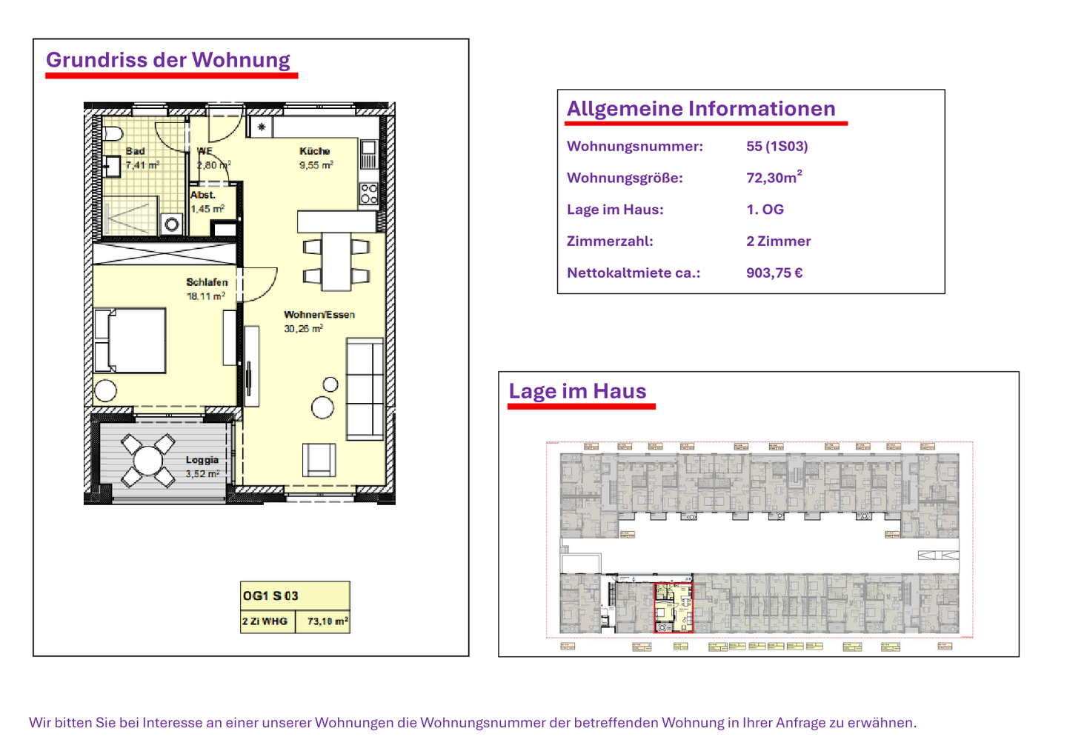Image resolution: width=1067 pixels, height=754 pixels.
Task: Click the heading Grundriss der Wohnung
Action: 168,60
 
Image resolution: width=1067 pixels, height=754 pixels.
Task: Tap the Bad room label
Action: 135,151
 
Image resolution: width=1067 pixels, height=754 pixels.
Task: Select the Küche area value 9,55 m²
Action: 316,165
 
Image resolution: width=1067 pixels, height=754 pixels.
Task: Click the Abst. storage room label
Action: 202,195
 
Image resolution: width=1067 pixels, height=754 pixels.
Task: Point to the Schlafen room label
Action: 207,282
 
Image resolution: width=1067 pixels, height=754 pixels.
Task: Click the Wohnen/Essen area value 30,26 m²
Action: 303,329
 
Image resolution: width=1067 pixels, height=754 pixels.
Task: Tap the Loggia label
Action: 202,460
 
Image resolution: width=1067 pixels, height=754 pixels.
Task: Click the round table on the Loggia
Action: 147,461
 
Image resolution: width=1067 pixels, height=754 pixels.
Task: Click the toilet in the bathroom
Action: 113,135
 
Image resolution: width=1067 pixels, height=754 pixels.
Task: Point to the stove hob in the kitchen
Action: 368,194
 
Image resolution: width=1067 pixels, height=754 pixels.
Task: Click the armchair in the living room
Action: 319,459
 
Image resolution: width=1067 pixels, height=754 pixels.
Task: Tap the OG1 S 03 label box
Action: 294,595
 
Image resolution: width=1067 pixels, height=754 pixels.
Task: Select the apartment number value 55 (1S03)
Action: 777,147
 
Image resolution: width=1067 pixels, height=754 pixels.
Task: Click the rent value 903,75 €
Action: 774,273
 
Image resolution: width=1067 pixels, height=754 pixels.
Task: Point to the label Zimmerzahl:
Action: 610,241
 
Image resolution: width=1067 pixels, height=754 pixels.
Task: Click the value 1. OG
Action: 765,210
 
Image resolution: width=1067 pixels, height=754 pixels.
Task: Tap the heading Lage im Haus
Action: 577,391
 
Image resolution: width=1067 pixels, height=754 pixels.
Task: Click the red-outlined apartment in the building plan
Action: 673,607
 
